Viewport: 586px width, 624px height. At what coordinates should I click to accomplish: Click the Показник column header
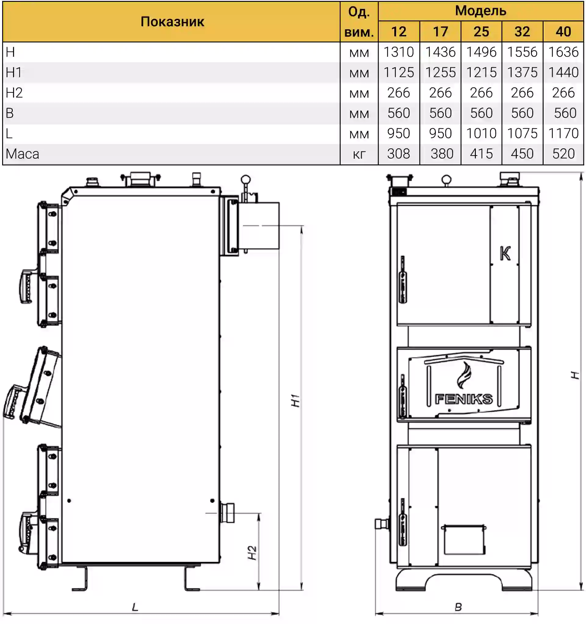172,22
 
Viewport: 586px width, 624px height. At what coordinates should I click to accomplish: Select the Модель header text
480,11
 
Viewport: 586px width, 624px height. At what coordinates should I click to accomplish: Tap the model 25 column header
481,31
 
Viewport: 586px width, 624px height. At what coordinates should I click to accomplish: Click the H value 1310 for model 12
399,52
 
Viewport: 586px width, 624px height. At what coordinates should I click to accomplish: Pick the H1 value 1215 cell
481,72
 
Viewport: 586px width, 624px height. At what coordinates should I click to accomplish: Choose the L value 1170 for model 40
563,133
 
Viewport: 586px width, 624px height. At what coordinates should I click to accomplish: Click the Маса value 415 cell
481,153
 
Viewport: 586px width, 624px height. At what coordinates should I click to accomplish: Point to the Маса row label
22,154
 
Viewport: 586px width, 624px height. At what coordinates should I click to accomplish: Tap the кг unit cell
359,154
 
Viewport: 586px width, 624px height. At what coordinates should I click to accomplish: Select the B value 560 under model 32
522,113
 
